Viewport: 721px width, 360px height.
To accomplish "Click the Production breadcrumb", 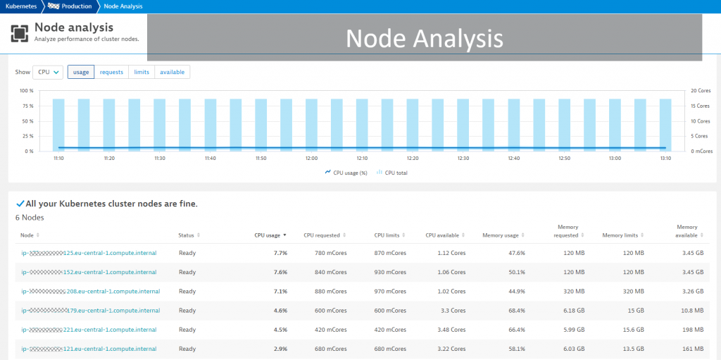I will (x=76, y=6).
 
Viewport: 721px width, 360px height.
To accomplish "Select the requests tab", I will (x=111, y=72).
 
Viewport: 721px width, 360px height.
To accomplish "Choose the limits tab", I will (x=142, y=72).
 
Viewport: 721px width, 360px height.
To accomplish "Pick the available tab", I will (x=172, y=72).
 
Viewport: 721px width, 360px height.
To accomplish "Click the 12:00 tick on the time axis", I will (x=312, y=159).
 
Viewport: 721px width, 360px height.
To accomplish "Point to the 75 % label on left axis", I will (x=27, y=106).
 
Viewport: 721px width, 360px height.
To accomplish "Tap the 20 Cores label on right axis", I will (x=701, y=91).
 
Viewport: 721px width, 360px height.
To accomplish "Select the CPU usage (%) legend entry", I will (x=349, y=173).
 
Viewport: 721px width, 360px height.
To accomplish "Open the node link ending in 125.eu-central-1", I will (x=89, y=252).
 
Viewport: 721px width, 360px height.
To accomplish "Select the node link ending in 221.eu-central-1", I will (x=89, y=330).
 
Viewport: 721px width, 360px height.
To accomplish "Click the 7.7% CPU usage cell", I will (x=280, y=252).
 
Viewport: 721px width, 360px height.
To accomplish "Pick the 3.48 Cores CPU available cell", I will (x=451, y=330).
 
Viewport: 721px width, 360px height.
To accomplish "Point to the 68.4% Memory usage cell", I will (x=516, y=310).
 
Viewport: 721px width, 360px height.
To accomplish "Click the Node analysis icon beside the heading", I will (x=20, y=32).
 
